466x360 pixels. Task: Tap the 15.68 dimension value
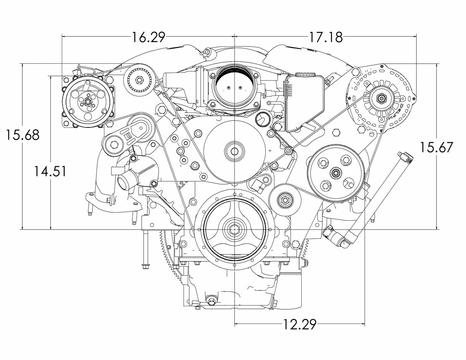(x=22, y=135)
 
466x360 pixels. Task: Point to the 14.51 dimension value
(x=49, y=171)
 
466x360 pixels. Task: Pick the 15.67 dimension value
(x=436, y=147)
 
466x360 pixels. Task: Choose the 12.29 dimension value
(x=300, y=325)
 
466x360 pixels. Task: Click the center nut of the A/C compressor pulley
(x=88, y=103)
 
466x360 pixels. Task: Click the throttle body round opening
(x=234, y=87)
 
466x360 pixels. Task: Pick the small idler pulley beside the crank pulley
(x=284, y=199)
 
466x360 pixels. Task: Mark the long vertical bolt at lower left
(x=146, y=249)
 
